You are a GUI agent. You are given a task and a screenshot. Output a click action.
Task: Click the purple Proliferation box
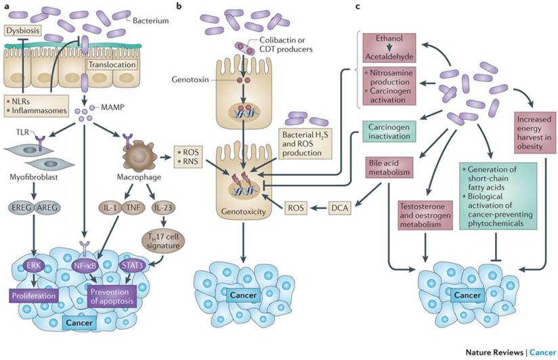(x=36, y=296)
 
